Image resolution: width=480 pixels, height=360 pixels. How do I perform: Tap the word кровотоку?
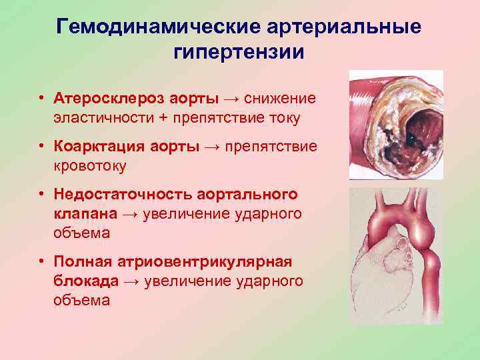point(86,166)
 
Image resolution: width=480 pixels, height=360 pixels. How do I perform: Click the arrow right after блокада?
point(131,281)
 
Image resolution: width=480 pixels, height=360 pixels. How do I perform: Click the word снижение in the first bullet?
point(279,99)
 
